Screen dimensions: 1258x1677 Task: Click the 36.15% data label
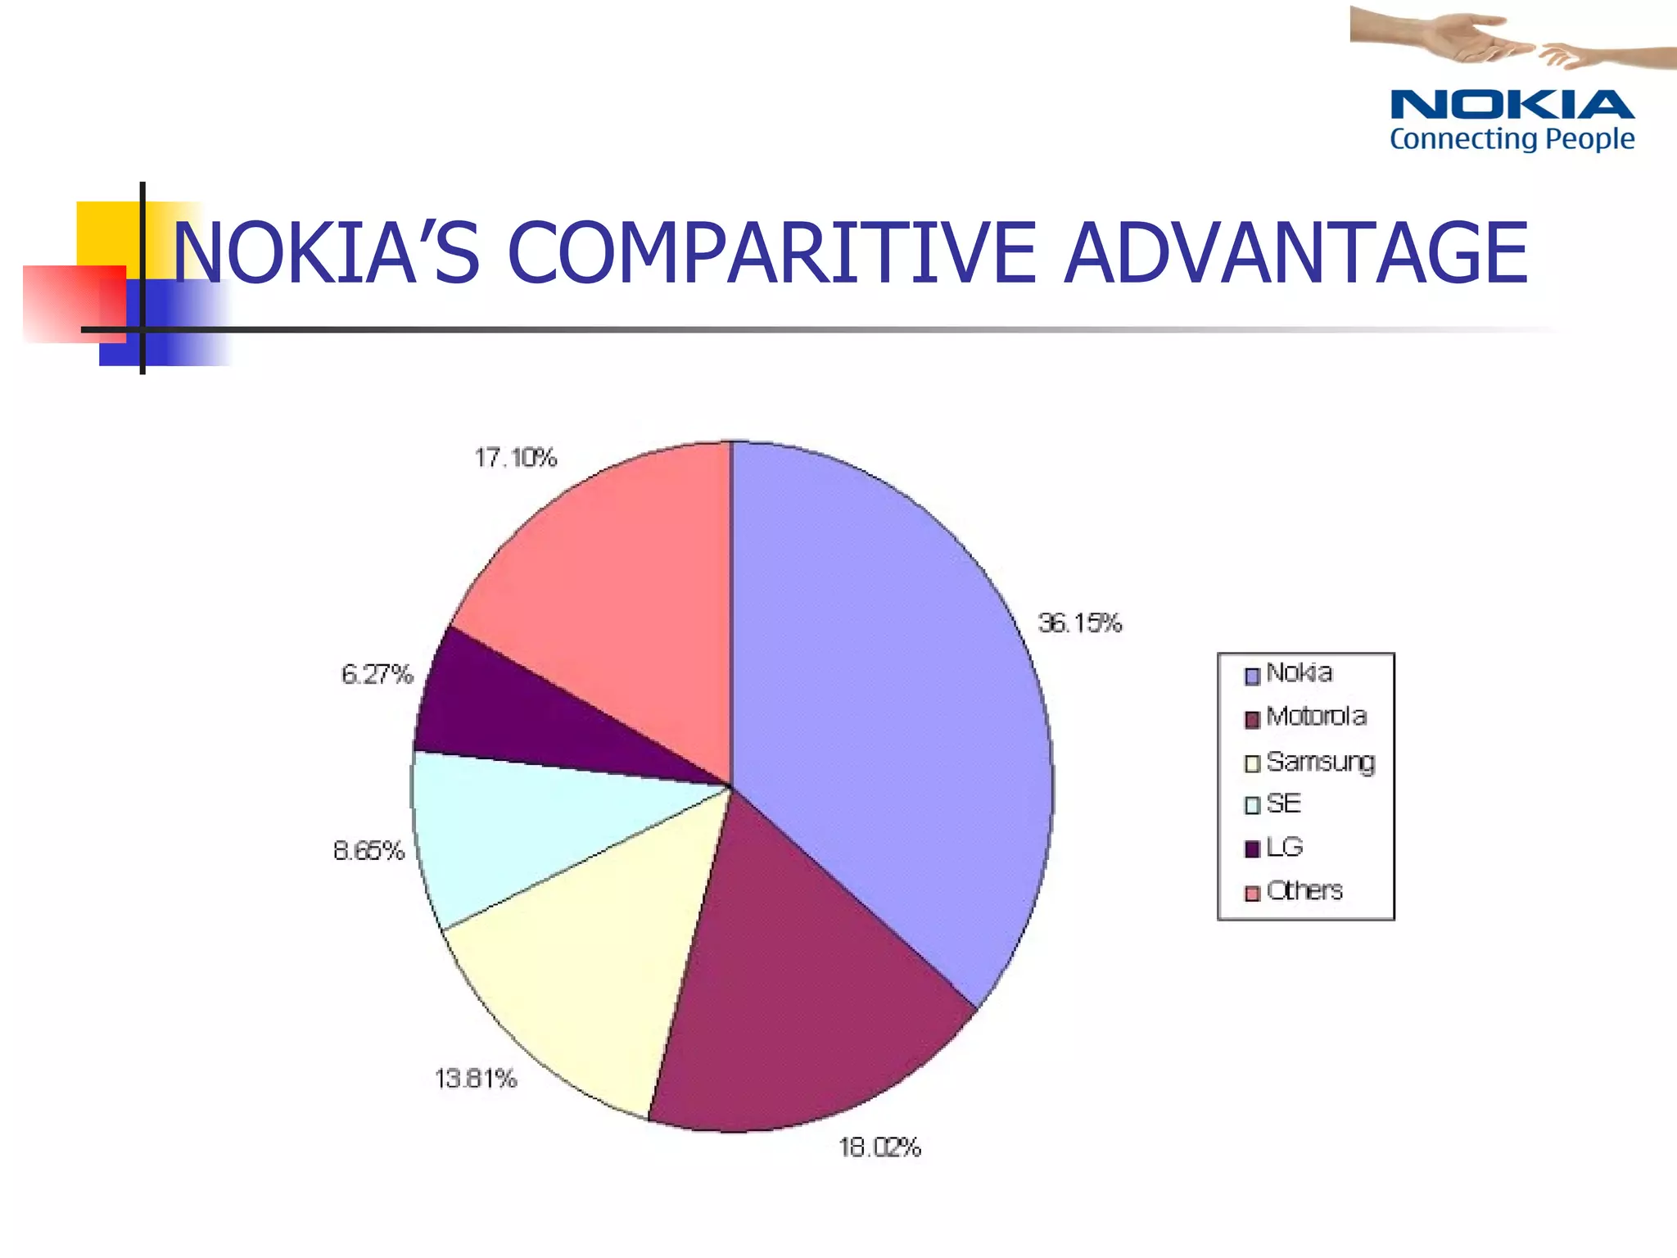(x=1080, y=623)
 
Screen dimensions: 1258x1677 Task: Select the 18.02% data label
(x=879, y=1147)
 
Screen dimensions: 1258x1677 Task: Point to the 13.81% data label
(x=476, y=1079)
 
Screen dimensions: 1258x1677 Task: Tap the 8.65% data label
(x=368, y=851)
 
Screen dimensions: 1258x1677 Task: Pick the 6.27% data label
(x=377, y=674)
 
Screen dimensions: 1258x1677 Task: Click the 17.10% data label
(x=516, y=457)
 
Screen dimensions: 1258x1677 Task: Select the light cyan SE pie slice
(x=524, y=827)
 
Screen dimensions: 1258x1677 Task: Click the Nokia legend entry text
(x=1299, y=672)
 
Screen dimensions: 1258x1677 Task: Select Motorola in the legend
(x=1316, y=717)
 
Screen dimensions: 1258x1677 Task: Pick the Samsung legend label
(x=1320, y=762)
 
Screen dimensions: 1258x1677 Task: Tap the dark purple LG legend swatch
(x=1252, y=849)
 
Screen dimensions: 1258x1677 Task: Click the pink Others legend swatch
(x=1252, y=893)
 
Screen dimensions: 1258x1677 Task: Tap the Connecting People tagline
(x=1512, y=138)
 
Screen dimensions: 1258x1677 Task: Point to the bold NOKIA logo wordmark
(x=1512, y=106)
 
